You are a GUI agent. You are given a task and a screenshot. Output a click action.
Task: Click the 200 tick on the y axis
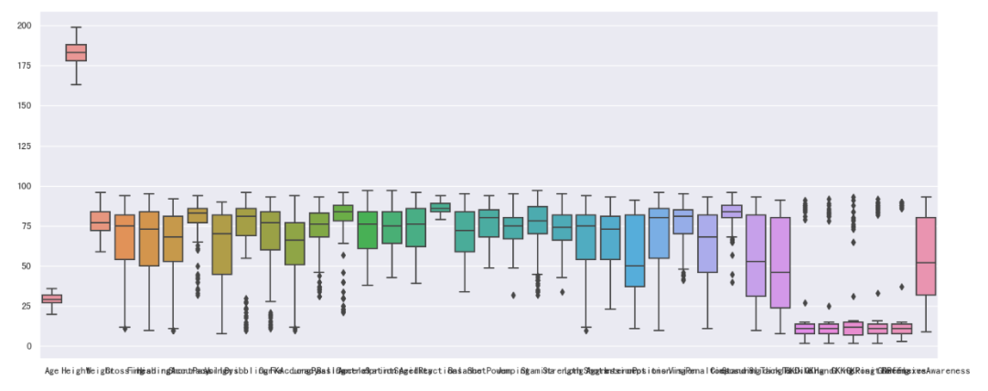(x=23, y=26)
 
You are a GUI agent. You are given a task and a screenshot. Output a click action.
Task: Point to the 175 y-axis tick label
(x=23, y=66)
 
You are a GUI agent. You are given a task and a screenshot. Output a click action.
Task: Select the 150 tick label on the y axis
(x=23, y=106)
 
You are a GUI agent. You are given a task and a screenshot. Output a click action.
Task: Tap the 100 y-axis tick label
(x=23, y=186)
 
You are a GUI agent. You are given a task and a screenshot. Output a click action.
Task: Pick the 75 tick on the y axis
(x=25, y=226)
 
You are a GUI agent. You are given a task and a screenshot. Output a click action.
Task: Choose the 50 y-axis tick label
(x=25, y=266)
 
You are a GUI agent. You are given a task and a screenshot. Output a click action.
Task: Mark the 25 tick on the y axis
(x=25, y=306)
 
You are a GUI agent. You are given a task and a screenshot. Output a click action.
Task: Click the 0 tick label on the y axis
(x=28, y=346)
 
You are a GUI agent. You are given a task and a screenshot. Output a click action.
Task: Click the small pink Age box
(x=52, y=299)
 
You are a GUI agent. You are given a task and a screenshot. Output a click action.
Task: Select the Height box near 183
(x=76, y=52)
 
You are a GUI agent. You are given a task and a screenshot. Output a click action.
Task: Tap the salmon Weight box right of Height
(x=100, y=221)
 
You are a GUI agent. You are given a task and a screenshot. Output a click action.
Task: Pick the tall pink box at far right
(x=926, y=255)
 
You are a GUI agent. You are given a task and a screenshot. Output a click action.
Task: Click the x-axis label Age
(x=52, y=371)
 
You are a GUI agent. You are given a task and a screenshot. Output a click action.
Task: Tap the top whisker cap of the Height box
(x=76, y=27)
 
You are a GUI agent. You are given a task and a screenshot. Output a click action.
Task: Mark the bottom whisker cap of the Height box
(x=76, y=85)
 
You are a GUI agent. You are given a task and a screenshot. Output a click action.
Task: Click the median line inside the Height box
(x=76, y=52)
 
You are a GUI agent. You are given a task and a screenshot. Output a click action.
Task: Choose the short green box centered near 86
(x=440, y=208)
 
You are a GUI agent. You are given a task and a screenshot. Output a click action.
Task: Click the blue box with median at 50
(x=635, y=266)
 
